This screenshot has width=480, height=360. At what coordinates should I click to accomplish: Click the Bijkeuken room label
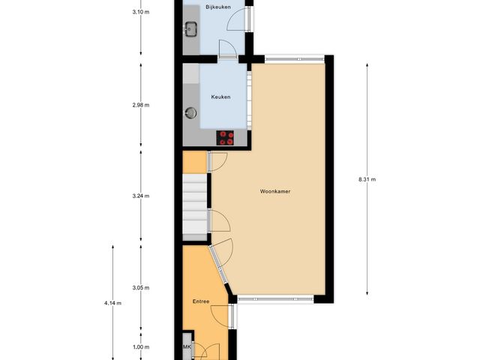(x=217, y=7)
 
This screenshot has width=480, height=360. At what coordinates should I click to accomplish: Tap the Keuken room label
(x=220, y=97)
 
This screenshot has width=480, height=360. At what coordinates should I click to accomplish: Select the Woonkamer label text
(x=275, y=191)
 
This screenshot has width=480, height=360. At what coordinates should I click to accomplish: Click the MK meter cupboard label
(x=187, y=348)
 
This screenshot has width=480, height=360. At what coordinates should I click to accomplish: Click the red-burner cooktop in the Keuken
(x=225, y=138)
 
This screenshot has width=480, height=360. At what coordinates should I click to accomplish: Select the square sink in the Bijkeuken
(x=190, y=31)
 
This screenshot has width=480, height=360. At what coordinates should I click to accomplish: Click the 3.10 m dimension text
(x=140, y=13)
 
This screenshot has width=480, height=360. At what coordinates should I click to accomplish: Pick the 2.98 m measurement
(x=140, y=105)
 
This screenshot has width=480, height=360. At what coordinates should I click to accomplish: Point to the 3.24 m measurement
(x=140, y=196)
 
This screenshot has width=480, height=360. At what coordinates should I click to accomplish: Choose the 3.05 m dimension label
(x=140, y=288)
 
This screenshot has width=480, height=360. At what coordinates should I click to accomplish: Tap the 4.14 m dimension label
(x=112, y=303)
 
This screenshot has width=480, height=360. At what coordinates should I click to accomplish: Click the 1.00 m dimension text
(x=140, y=347)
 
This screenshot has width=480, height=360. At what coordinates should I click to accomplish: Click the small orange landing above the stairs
(x=195, y=161)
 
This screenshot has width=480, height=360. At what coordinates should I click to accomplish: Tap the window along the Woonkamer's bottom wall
(x=275, y=300)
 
